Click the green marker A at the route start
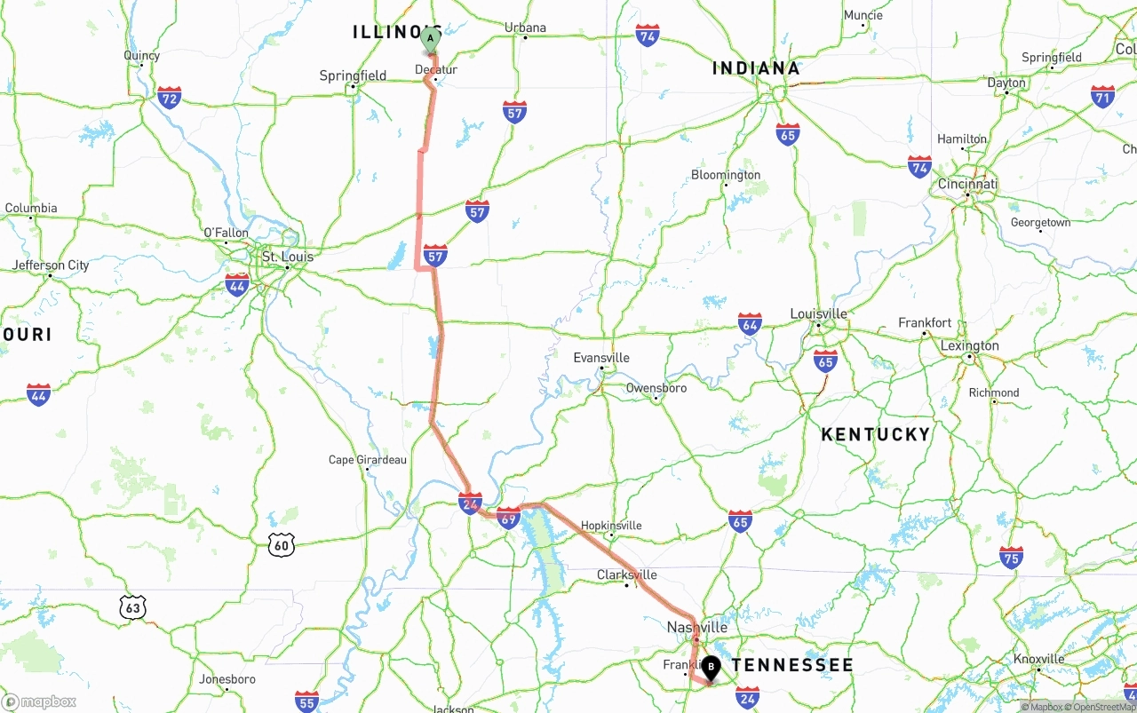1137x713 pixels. (x=430, y=39)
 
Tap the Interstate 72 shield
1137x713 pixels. (x=169, y=97)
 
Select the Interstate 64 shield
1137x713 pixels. (x=750, y=323)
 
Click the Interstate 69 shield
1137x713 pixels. (x=508, y=518)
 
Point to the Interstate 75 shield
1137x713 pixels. (x=1011, y=557)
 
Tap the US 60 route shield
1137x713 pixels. (x=282, y=545)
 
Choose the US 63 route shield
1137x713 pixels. (x=133, y=607)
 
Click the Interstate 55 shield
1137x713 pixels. (x=307, y=701)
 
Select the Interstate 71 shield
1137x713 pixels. (x=1103, y=96)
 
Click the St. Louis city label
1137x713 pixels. (x=286, y=257)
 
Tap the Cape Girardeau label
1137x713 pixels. (x=367, y=460)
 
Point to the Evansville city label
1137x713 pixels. (x=601, y=358)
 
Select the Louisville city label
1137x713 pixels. (x=818, y=313)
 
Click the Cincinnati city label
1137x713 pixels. (x=967, y=185)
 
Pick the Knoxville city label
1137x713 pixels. (x=1038, y=659)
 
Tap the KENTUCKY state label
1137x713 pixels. (x=875, y=434)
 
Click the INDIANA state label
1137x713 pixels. (x=756, y=68)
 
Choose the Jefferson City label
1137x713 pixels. (x=51, y=265)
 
